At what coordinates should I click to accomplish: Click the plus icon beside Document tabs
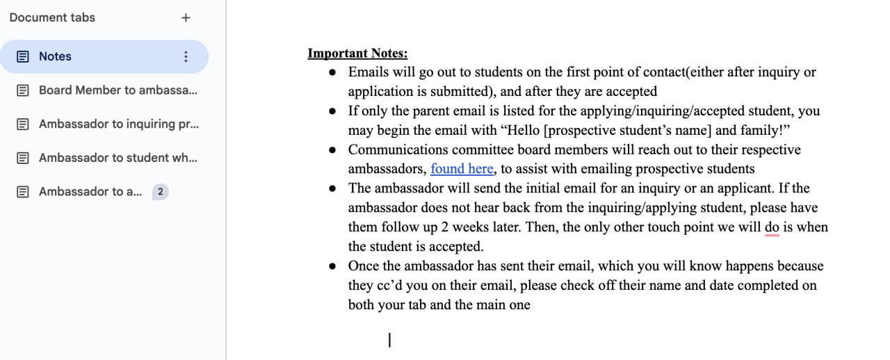tap(186, 18)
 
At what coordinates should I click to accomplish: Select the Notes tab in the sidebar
tap(55, 56)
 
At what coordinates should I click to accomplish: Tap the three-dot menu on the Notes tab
tap(186, 56)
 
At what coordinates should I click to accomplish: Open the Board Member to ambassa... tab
tap(118, 90)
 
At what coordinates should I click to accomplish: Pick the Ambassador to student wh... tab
tap(118, 158)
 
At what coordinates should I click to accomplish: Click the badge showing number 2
tap(160, 191)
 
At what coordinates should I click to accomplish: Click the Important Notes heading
tap(357, 54)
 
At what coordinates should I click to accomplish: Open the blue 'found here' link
tap(462, 168)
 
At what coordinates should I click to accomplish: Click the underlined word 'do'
tap(772, 227)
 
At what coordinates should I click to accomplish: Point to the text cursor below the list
tap(389, 340)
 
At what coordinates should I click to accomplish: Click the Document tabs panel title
tap(52, 17)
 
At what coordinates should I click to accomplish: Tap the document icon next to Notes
tap(23, 56)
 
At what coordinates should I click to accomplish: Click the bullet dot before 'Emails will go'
tap(333, 72)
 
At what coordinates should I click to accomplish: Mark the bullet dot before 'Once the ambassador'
tap(333, 266)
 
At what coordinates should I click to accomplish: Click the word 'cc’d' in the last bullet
tap(395, 285)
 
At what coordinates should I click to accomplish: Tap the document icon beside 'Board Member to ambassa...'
tap(23, 90)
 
